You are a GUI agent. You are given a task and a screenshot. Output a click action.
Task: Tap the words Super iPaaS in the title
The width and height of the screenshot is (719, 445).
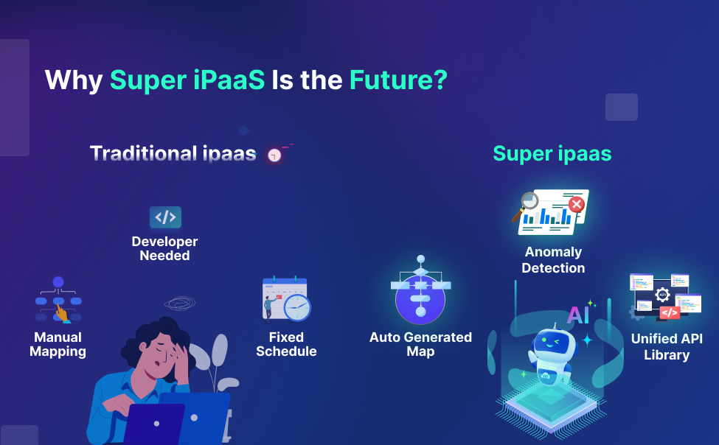187,80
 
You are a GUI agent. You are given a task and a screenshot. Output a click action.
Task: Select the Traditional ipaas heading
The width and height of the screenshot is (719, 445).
173,153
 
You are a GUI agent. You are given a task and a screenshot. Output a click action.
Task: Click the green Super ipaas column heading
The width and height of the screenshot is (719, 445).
552,153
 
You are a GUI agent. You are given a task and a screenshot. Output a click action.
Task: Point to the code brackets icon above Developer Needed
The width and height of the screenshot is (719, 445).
165,217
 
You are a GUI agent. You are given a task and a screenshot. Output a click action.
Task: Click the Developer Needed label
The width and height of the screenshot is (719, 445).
164,249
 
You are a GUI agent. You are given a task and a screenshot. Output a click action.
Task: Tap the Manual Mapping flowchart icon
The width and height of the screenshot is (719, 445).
58,299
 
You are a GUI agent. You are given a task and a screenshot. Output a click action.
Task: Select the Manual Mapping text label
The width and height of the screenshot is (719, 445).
58,345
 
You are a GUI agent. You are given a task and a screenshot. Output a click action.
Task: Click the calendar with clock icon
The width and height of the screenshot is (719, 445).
286,299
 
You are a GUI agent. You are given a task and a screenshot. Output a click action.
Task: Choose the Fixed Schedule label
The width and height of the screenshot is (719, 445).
286,345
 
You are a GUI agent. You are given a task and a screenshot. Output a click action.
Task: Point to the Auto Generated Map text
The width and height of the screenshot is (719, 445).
420,345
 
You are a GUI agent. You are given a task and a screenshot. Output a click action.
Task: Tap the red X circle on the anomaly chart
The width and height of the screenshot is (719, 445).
577,204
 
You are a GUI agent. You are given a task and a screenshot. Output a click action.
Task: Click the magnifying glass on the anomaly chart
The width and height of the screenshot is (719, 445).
527,204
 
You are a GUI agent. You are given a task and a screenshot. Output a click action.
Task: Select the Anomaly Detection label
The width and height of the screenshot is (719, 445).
553,260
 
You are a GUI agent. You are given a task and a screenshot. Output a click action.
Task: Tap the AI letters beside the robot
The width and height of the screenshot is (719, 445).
578,315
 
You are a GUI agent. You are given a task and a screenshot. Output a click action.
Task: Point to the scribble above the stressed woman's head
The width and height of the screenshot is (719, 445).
180,303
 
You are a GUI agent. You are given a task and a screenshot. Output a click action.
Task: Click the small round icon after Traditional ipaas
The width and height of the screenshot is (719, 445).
275,155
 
